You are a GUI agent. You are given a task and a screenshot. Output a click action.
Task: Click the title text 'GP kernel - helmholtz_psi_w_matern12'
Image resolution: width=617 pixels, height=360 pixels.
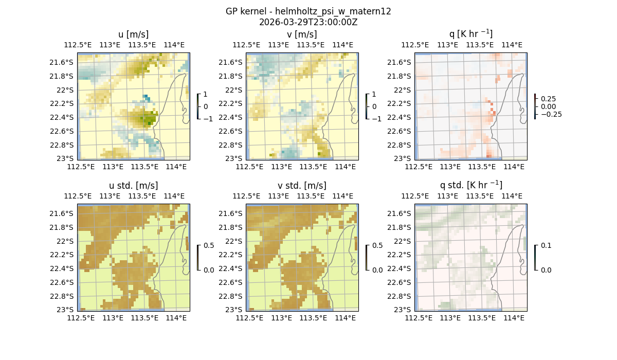[x=308, y=11]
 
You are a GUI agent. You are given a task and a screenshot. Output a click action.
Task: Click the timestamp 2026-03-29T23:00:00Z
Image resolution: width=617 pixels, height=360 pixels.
[x=308, y=22]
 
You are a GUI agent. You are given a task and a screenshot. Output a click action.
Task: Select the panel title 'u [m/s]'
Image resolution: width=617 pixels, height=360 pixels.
[x=133, y=34]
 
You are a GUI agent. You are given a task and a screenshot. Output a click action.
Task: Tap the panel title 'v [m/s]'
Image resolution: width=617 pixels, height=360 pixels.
[x=302, y=34]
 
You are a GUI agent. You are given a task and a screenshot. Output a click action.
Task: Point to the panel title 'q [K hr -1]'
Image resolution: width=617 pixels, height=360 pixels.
[x=470, y=34]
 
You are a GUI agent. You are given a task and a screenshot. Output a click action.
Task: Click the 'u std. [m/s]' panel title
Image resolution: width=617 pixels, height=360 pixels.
[x=133, y=186]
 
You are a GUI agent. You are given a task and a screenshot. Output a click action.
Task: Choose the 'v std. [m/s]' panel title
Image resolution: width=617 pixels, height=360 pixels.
[x=302, y=186]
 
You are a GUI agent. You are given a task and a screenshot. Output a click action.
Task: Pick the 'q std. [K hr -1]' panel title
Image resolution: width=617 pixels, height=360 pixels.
[x=470, y=185]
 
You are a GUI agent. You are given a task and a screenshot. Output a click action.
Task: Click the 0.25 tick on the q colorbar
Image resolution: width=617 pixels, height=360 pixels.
[x=548, y=99]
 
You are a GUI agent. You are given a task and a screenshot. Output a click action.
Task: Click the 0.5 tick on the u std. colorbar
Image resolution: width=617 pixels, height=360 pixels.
[x=209, y=246]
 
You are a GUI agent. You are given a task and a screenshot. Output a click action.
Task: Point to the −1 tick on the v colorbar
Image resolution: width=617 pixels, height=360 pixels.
[x=376, y=119]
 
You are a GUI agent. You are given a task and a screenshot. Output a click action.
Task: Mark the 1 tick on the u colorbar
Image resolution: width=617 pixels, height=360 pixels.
[x=206, y=95]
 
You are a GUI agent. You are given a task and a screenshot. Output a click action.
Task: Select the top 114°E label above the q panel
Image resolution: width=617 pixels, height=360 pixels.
[x=512, y=45]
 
